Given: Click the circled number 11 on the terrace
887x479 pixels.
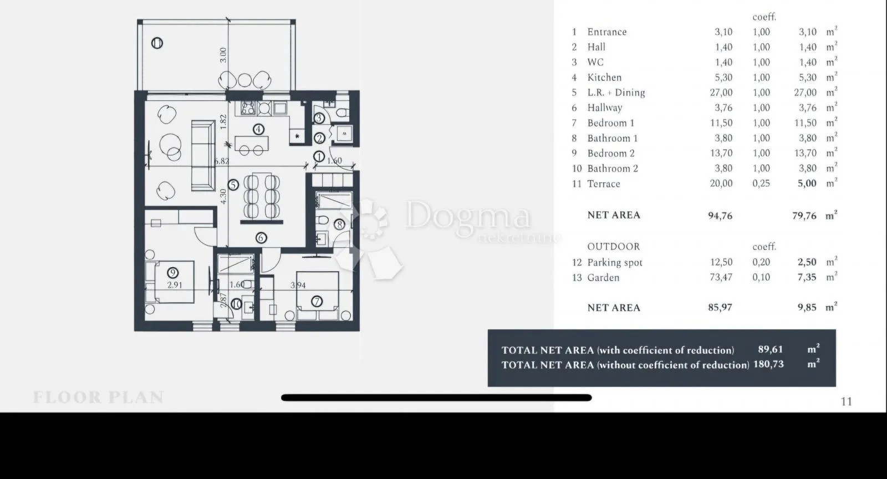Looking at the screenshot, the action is tap(157, 43).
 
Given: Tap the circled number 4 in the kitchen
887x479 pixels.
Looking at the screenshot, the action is tap(258, 129).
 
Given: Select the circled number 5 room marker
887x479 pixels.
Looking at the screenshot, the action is tap(233, 185).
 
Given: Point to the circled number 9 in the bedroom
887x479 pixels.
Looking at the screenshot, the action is tap(172, 273).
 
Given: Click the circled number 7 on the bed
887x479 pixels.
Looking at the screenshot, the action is tap(317, 302).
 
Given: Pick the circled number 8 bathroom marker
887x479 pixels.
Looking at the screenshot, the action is tap(340, 225).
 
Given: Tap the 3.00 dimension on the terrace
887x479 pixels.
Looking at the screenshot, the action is tap(223, 55).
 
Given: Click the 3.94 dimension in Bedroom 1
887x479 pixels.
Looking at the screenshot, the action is tap(298, 285).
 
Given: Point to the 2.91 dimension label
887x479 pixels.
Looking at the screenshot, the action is tap(175, 285).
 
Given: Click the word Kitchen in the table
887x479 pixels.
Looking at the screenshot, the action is tap(604, 78).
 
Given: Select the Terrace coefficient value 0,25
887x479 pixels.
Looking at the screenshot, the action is tap(761, 184).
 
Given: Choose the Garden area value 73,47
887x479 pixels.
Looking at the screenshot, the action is tap(721, 278).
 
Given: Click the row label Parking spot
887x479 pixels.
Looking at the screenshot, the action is tap(615, 262).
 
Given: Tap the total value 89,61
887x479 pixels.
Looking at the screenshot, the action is tap(771, 350).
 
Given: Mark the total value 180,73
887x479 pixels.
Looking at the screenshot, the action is tap(768, 364).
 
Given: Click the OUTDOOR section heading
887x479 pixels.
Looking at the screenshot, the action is tap(613, 247).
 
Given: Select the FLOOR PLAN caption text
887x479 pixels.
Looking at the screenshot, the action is tap(98, 397).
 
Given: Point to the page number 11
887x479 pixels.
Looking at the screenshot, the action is tap(846, 402).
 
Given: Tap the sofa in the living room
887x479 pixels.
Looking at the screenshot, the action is tap(203, 156).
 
